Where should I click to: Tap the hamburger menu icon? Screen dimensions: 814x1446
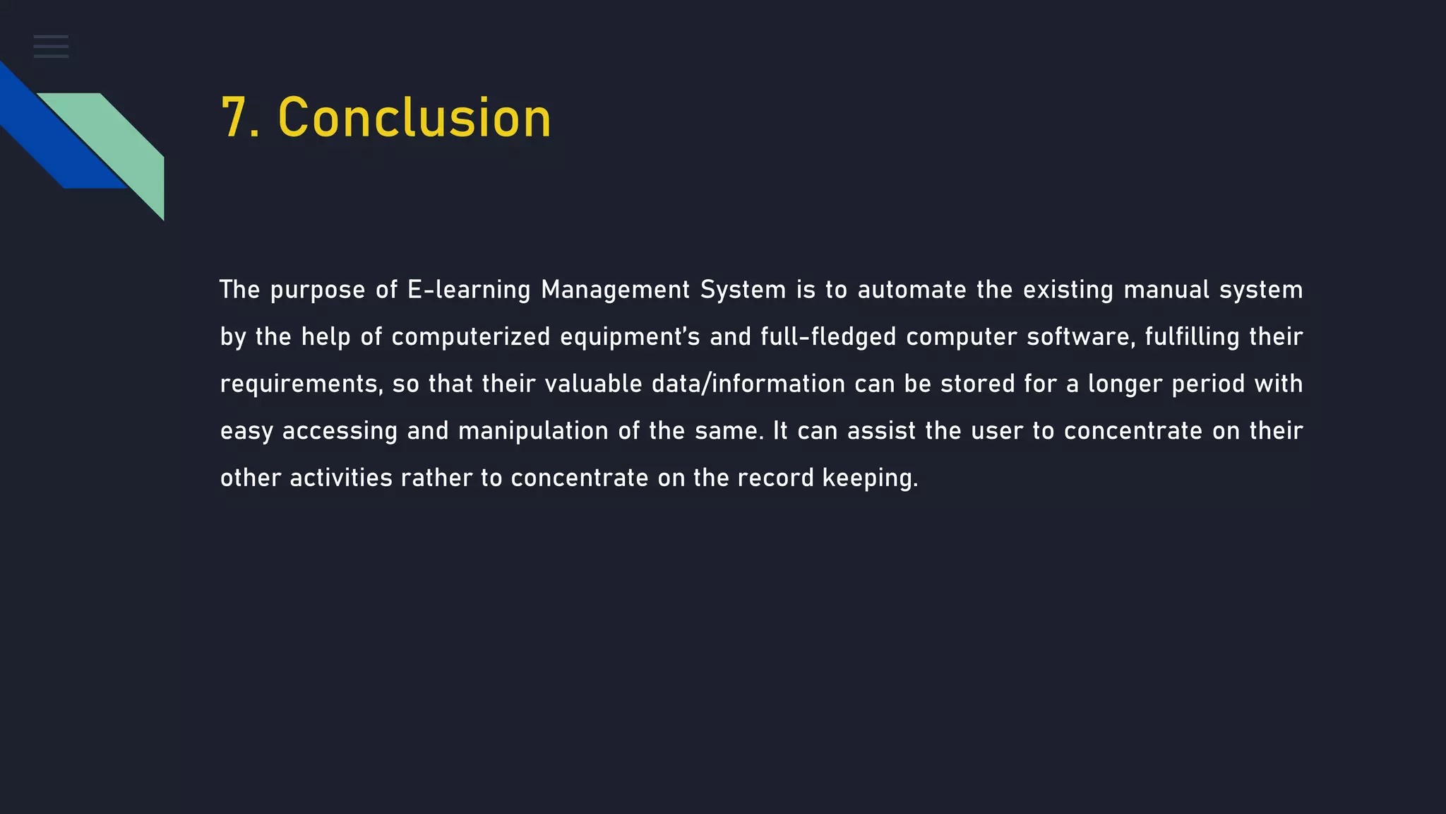51,47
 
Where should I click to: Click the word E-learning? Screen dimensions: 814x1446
469,290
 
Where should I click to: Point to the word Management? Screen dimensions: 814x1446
615,290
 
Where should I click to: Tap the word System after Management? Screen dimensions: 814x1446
743,290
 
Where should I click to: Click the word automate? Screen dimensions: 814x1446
912,290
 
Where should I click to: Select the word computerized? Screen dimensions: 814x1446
471,337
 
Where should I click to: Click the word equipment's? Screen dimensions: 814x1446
630,337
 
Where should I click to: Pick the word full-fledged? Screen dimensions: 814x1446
828,337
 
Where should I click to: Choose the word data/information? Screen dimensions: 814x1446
748,384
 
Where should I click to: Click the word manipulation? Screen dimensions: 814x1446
533,431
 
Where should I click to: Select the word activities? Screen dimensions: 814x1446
341,478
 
